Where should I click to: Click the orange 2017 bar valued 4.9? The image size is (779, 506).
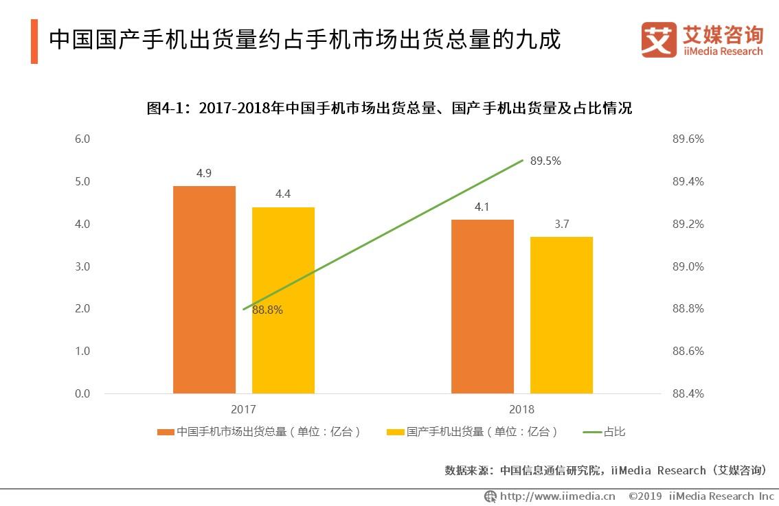204,290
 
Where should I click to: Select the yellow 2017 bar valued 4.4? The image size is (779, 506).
283,301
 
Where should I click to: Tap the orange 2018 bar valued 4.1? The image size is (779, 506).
482,306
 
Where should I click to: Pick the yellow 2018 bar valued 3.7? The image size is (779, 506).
561,315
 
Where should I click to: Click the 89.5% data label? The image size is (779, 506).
545,161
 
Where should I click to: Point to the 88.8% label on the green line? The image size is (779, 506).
267,310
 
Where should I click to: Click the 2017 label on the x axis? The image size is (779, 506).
243,409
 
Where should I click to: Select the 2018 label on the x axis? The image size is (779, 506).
521,409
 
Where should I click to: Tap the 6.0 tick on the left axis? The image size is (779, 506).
82,139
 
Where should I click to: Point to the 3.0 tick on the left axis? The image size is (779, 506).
82,266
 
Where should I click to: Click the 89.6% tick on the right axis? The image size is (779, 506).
688,139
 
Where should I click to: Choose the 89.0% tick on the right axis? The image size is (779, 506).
688,266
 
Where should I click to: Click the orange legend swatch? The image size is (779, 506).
166,432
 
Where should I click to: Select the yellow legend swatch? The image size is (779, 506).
396,432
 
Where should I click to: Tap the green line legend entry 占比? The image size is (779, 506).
604,432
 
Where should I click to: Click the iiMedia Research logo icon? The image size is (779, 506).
659,40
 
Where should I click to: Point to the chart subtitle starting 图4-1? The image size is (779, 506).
389,108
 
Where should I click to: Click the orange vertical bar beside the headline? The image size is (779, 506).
34,41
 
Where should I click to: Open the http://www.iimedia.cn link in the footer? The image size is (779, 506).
557,496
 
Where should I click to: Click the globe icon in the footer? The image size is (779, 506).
490,496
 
